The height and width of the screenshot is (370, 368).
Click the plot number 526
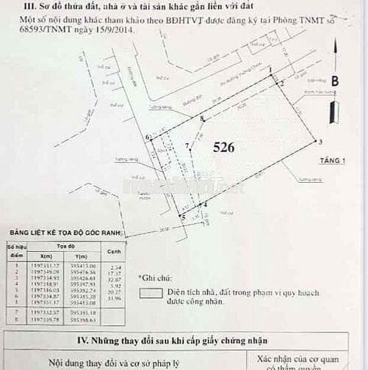223,148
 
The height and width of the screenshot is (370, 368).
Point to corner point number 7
187,145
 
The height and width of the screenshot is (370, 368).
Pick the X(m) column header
40,255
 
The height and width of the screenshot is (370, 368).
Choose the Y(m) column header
82,255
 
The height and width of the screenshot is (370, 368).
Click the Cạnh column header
113,252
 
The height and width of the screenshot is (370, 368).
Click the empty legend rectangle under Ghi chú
152,291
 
